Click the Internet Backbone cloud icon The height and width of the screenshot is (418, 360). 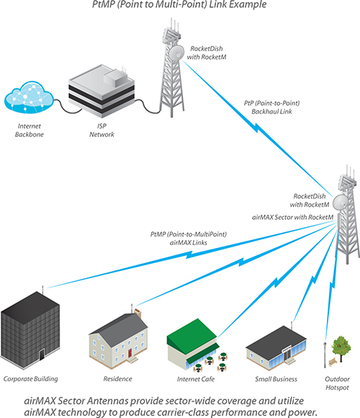pyautogui.click(x=29, y=97)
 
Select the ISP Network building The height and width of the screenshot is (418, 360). pyautogui.click(x=102, y=91)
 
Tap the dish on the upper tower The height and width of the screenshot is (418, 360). pyautogui.click(x=176, y=53)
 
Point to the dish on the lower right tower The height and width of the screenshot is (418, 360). pyautogui.click(x=341, y=202)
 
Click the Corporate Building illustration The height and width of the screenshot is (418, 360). pyautogui.click(x=30, y=329)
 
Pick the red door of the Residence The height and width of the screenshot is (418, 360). pyautogui.click(x=130, y=353)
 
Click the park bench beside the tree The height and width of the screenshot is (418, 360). pyautogui.click(x=333, y=362)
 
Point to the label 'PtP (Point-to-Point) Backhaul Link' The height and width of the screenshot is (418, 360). pyautogui.click(x=271, y=107)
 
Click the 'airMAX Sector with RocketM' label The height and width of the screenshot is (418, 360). pyautogui.click(x=292, y=217)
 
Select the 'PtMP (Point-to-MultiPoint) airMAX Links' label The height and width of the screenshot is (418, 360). pyautogui.click(x=189, y=239)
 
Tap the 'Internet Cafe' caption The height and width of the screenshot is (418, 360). pyautogui.click(x=196, y=379)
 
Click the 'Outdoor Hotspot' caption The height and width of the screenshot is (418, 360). pyautogui.click(x=337, y=383)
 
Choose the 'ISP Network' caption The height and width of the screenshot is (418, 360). pyautogui.click(x=102, y=130)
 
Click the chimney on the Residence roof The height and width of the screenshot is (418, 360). pyautogui.click(x=138, y=313)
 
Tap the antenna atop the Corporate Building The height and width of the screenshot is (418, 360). pyautogui.click(x=42, y=289)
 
